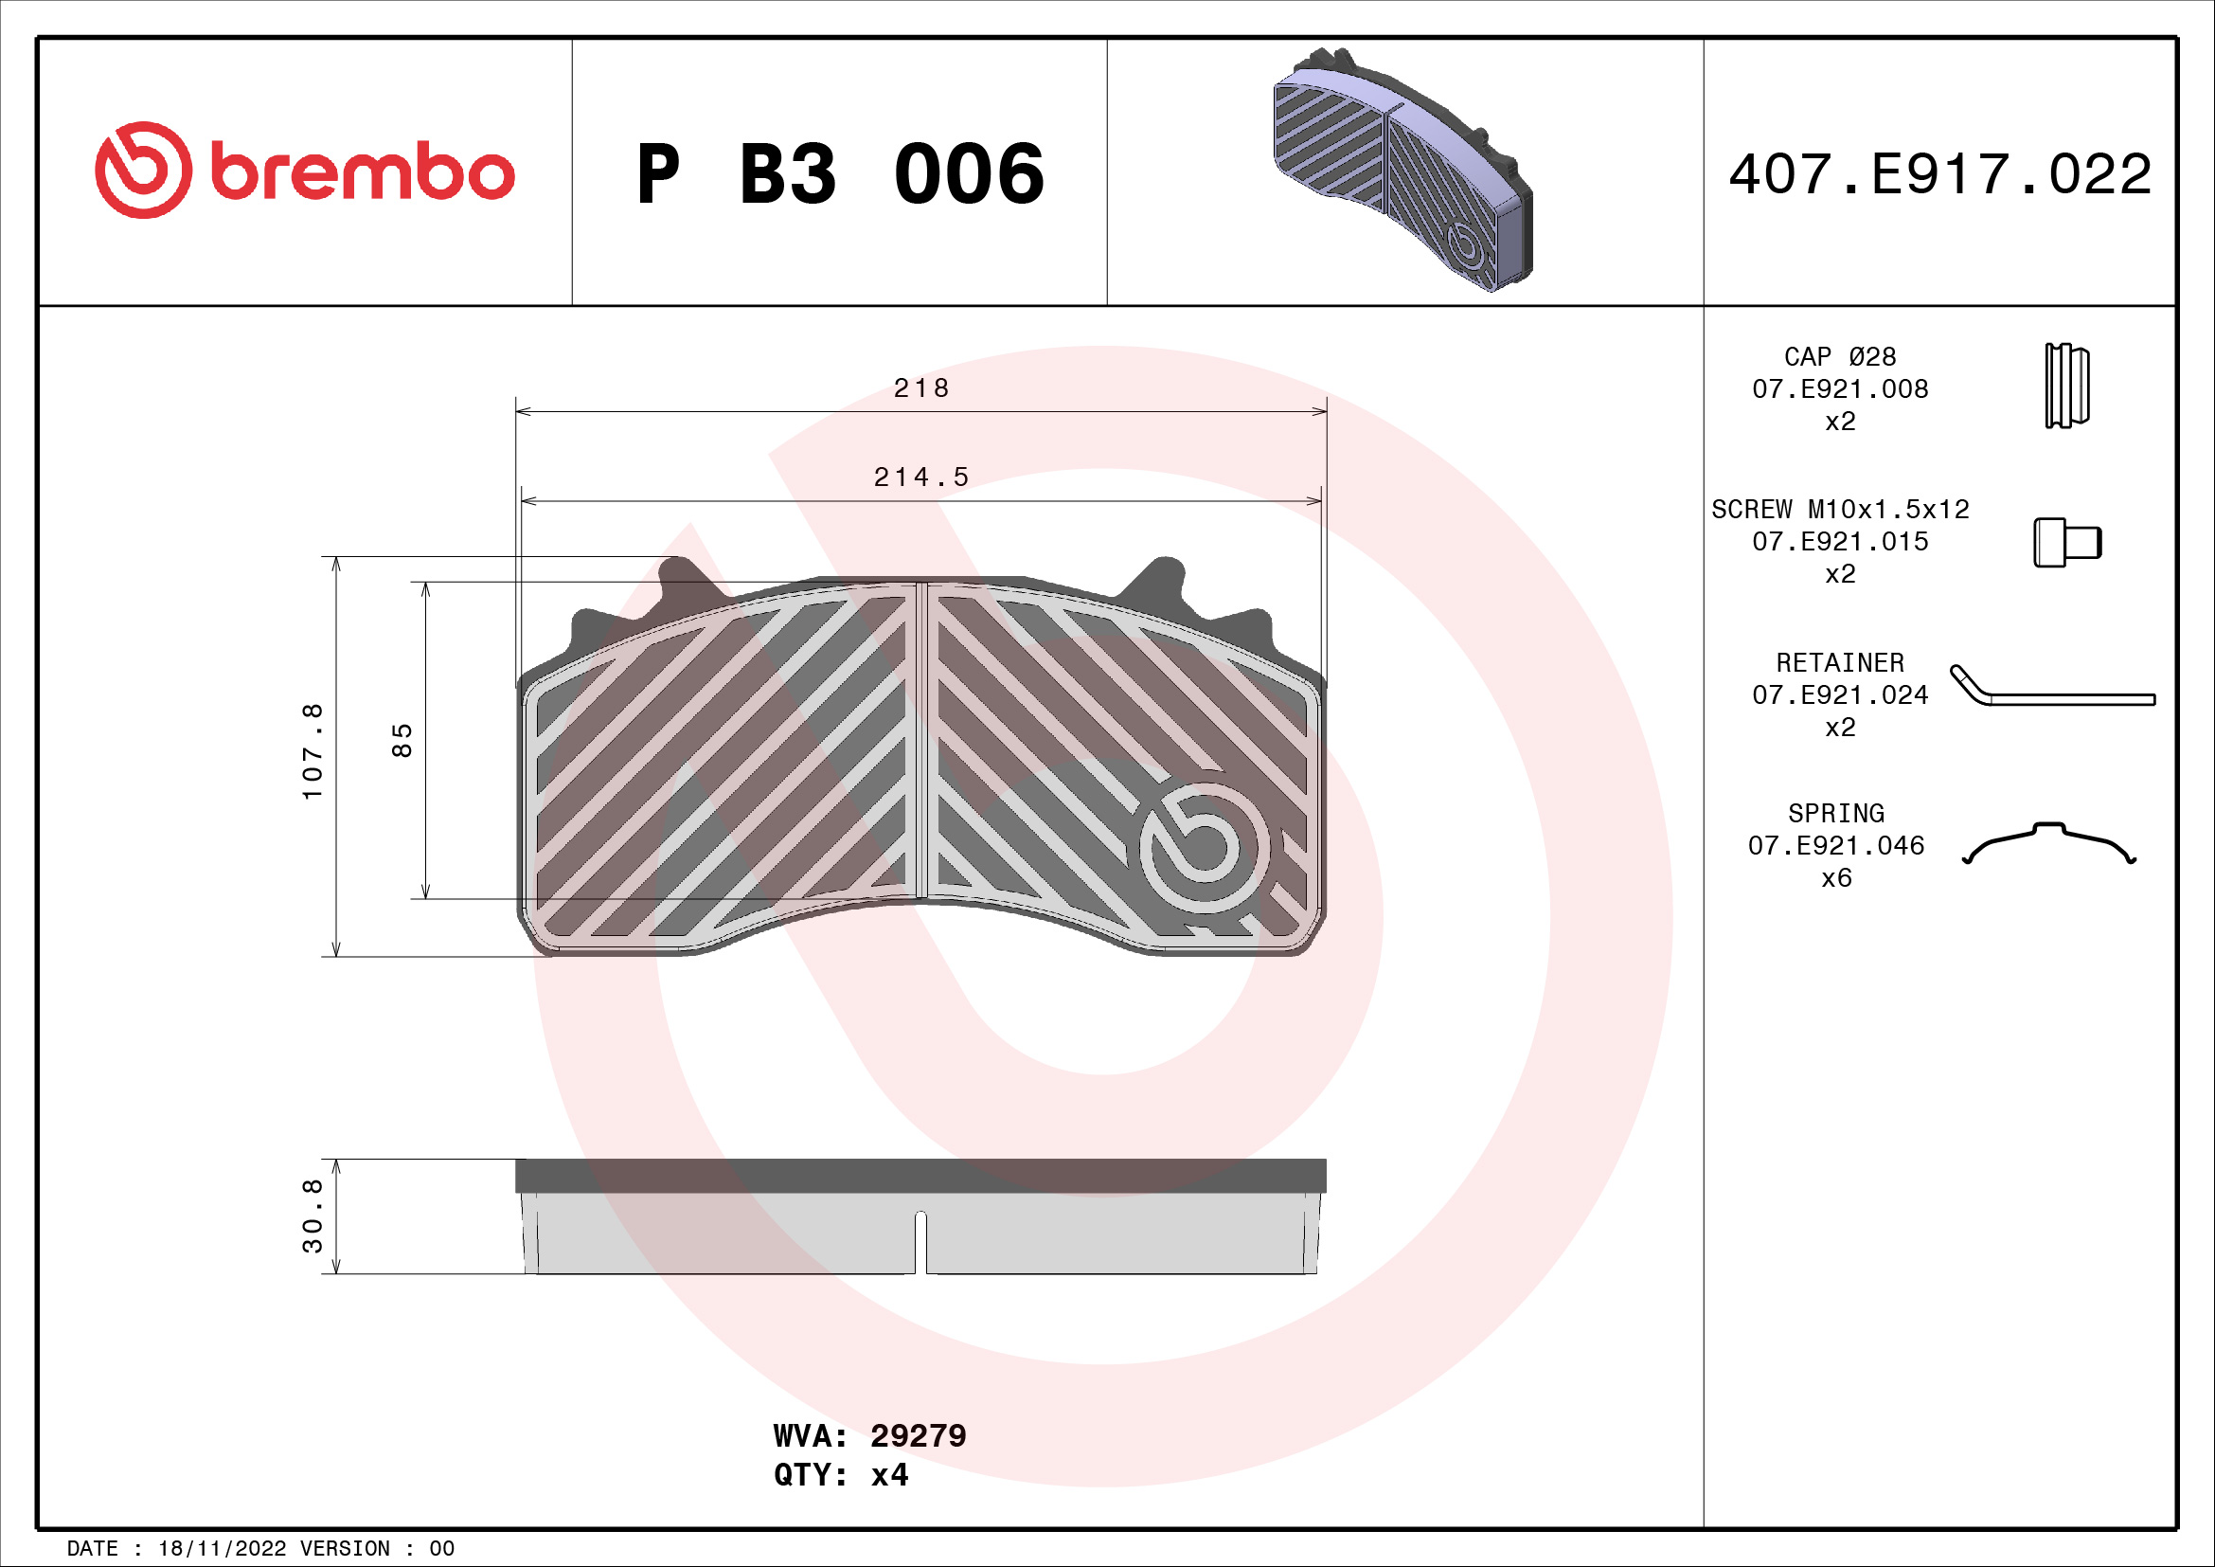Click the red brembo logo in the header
click(x=304, y=171)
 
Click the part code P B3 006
click(x=839, y=174)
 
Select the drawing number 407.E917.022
click(x=1939, y=174)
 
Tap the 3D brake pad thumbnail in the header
click(x=1402, y=170)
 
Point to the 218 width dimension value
click(x=920, y=387)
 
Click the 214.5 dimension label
click(x=920, y=477)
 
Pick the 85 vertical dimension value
click(x=402, y=740)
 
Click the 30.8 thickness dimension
click(x=313, y=1216)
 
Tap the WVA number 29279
click(x=918, y=1435)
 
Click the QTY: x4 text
click(x=840, y=1475)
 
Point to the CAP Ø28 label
click(x=1840, y=357)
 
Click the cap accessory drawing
click(x=2066, y=386)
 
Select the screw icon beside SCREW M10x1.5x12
click(x=2066, y=542)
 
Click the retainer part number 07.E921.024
click(x=1840, y=694)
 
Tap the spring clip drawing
click(x=2049, y=843)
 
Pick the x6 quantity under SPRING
click(x=1836, y=878)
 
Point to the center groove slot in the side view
click(x=920, y=1243)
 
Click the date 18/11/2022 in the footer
click(x=222, y=1549)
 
